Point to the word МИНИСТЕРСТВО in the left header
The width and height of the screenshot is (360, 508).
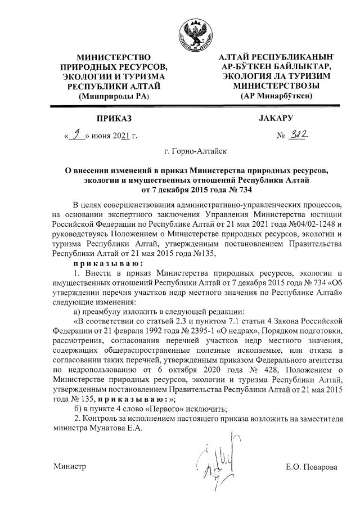click(113, 57)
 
